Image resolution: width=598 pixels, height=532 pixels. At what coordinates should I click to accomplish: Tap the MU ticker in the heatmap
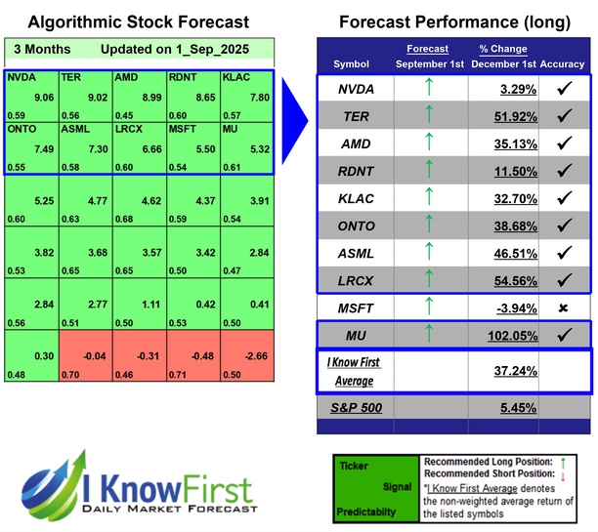pos(230,128)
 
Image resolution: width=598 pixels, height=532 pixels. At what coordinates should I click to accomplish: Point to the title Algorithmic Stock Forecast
pos(138,21)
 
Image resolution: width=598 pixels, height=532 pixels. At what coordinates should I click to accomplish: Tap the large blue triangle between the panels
pos(294,117)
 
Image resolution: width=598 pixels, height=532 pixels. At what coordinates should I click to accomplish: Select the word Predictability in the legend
pos(363,511)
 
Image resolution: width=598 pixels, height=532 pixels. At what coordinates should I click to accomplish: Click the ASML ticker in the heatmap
pos(76,128)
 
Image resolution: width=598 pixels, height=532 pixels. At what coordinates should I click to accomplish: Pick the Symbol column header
pos(352,64)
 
